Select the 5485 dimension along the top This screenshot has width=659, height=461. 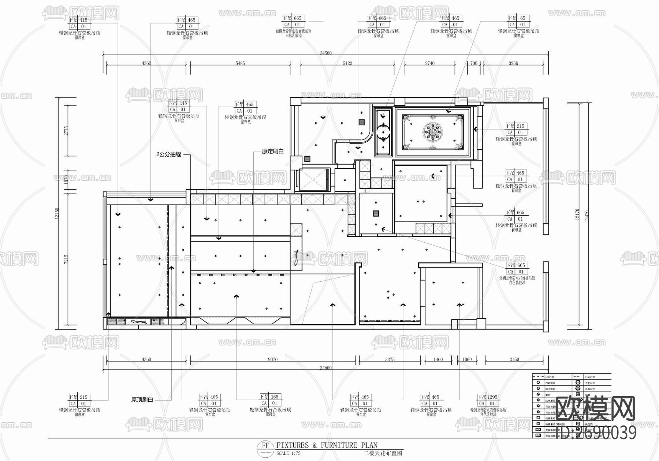(240, 63)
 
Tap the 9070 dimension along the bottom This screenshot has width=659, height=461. (272, 359)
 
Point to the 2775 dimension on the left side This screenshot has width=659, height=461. (66, 131)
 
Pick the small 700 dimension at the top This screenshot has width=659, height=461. (474, 63)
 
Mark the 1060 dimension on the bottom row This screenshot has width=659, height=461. (467, 359)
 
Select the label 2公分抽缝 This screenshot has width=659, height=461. (169, 154)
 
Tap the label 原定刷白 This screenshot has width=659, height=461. (272, 151)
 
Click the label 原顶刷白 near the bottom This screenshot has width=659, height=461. (142, 400)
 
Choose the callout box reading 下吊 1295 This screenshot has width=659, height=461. (488, 400)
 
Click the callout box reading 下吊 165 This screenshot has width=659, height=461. (270, 400)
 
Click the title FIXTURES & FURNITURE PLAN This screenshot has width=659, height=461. (327, 445)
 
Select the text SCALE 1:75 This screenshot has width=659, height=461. (288, 453)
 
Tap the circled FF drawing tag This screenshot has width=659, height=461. (265, 446)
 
